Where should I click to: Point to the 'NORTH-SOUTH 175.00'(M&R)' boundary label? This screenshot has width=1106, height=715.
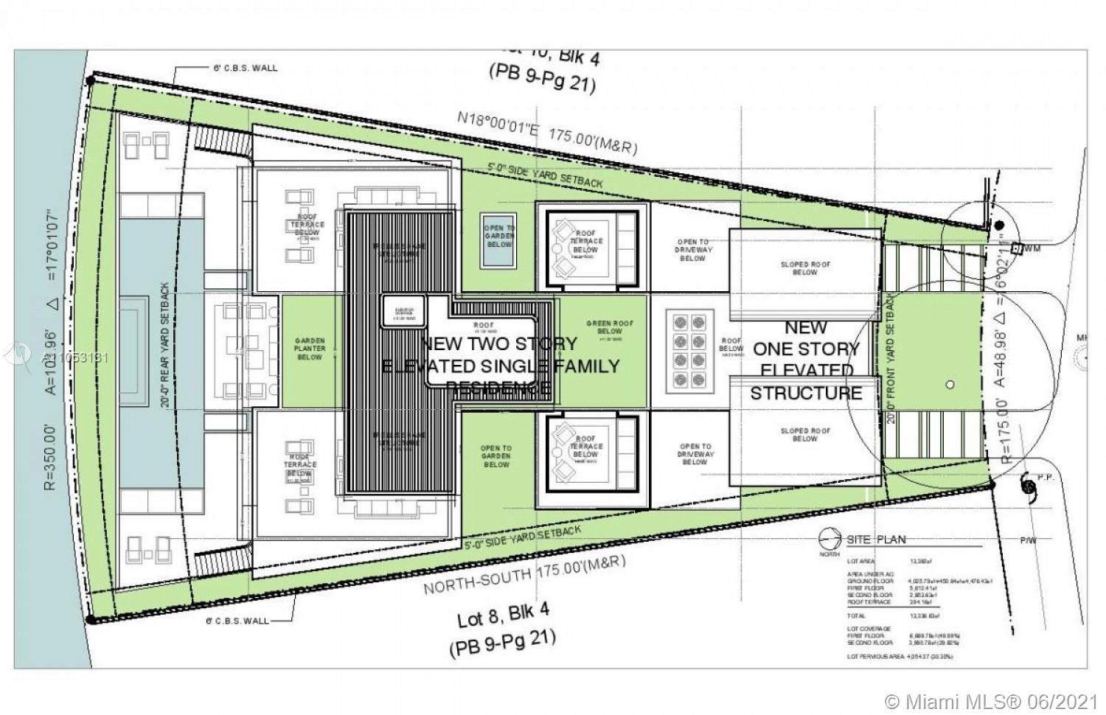click(x=525, y=574)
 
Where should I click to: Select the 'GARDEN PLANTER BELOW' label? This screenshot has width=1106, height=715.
click(x=310, y=349)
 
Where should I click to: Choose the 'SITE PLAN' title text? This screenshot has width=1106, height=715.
click(x=876, y=540)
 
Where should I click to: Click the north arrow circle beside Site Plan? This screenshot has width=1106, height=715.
click(x=829, y=538)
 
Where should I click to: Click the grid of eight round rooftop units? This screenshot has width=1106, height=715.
click(x=686, y=350)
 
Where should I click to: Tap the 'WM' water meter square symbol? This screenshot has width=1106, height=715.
click(x=1016, y=248)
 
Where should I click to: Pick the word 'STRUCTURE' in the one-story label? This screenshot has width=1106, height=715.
click(x=806, y=393)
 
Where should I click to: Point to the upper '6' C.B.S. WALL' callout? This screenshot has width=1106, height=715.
click(x=246, y=68)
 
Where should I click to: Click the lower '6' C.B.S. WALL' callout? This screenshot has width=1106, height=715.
click(x=236, y=621)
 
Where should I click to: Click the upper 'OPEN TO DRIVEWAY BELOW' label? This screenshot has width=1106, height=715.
click(x=694, y=250)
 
